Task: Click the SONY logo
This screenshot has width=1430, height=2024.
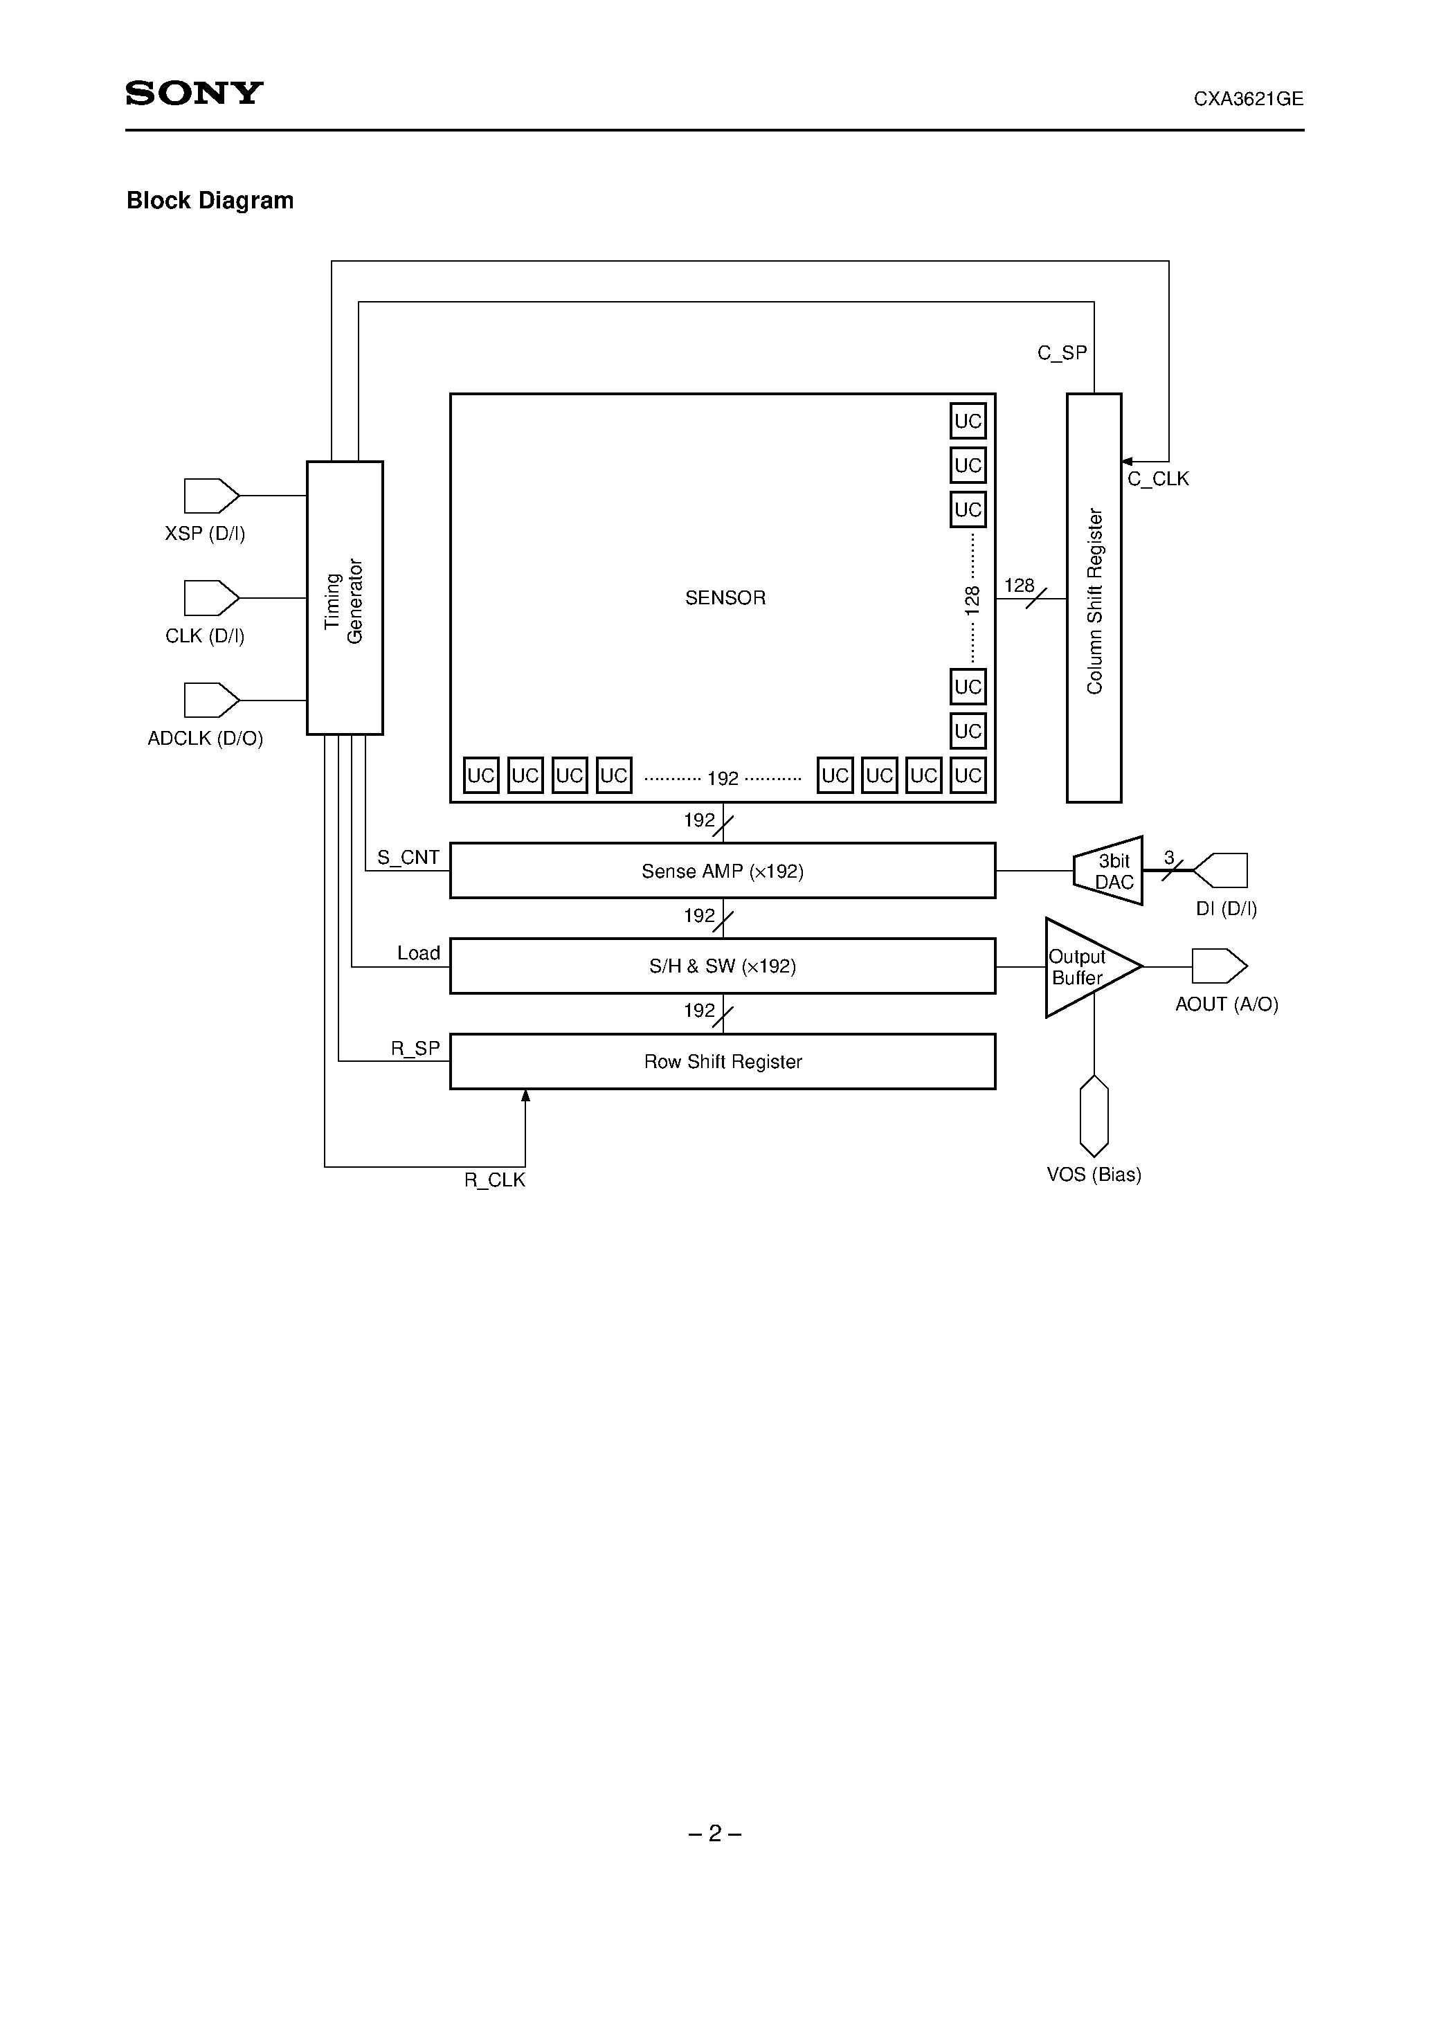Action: tap(194, 93)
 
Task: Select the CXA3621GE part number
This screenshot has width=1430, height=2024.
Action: tap(1247, 100)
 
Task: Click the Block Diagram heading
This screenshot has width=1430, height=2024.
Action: tap(210, 201)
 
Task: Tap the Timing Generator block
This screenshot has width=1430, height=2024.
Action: tap(345, 597)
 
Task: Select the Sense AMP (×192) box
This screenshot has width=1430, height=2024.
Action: tap(722, 871)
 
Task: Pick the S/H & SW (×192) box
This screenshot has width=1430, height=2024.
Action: tap(722, 966)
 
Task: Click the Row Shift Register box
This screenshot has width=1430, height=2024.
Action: tap(722, 1061)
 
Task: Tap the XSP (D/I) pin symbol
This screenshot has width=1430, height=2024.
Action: tap(210, 496)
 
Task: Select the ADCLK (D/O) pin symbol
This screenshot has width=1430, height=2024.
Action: tap(210, 700)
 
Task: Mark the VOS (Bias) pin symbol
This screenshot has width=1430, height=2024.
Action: tap(1094, 1115)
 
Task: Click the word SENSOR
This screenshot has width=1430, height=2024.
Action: tap(725, 597)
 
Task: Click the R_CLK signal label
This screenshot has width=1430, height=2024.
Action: tap(495, 1180)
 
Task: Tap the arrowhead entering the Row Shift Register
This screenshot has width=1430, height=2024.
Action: tap(525, 1096)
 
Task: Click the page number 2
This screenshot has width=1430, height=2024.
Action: tap(715, 1834)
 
